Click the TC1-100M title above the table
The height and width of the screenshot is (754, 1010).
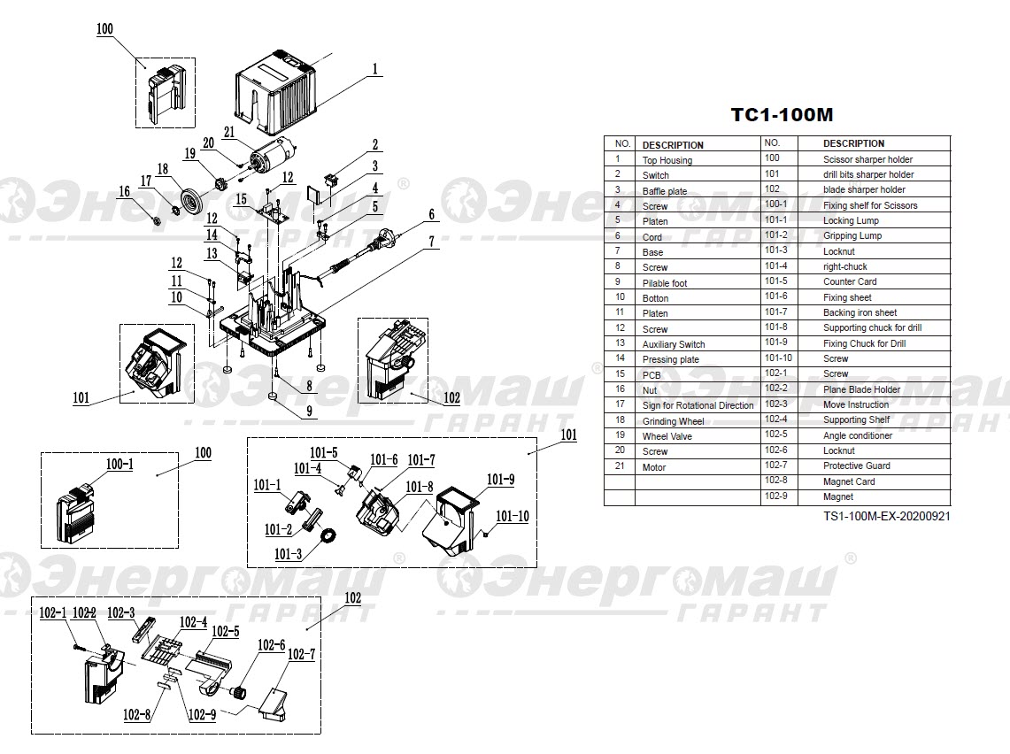pyautogui.click(x=782, y=115)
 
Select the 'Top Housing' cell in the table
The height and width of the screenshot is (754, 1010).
pyautogui.click(x=667, y=160)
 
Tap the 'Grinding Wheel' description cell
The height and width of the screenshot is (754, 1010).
pyautogui.click(x=673, y=421)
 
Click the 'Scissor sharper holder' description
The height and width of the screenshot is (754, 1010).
pyautogui.click(x=867, y=159)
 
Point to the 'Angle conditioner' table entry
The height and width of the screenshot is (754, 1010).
pyautogui.click(x=857, y=435)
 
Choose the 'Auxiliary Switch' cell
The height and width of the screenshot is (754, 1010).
pyautogui.click(x=673, y=344)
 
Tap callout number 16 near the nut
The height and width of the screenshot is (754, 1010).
pyautogui.click(x=124, y=191)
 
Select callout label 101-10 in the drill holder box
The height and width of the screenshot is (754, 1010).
pyautogui.click(x=512, y=516)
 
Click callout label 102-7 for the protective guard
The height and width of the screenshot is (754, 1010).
pyautogui.click(x=301, y=654)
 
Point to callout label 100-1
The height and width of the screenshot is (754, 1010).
pyautogui.click(x=120, y=464)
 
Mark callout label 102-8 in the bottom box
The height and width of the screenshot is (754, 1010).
pyautogui.click(x=135, y=714)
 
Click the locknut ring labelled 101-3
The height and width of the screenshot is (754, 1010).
pyautogui.click(x=328, y=536)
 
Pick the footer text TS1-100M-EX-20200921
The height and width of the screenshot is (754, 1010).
pyautogui.click(x=886, y=515)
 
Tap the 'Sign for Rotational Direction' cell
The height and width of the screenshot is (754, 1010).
pyautogui.click(x=698, y=405)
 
